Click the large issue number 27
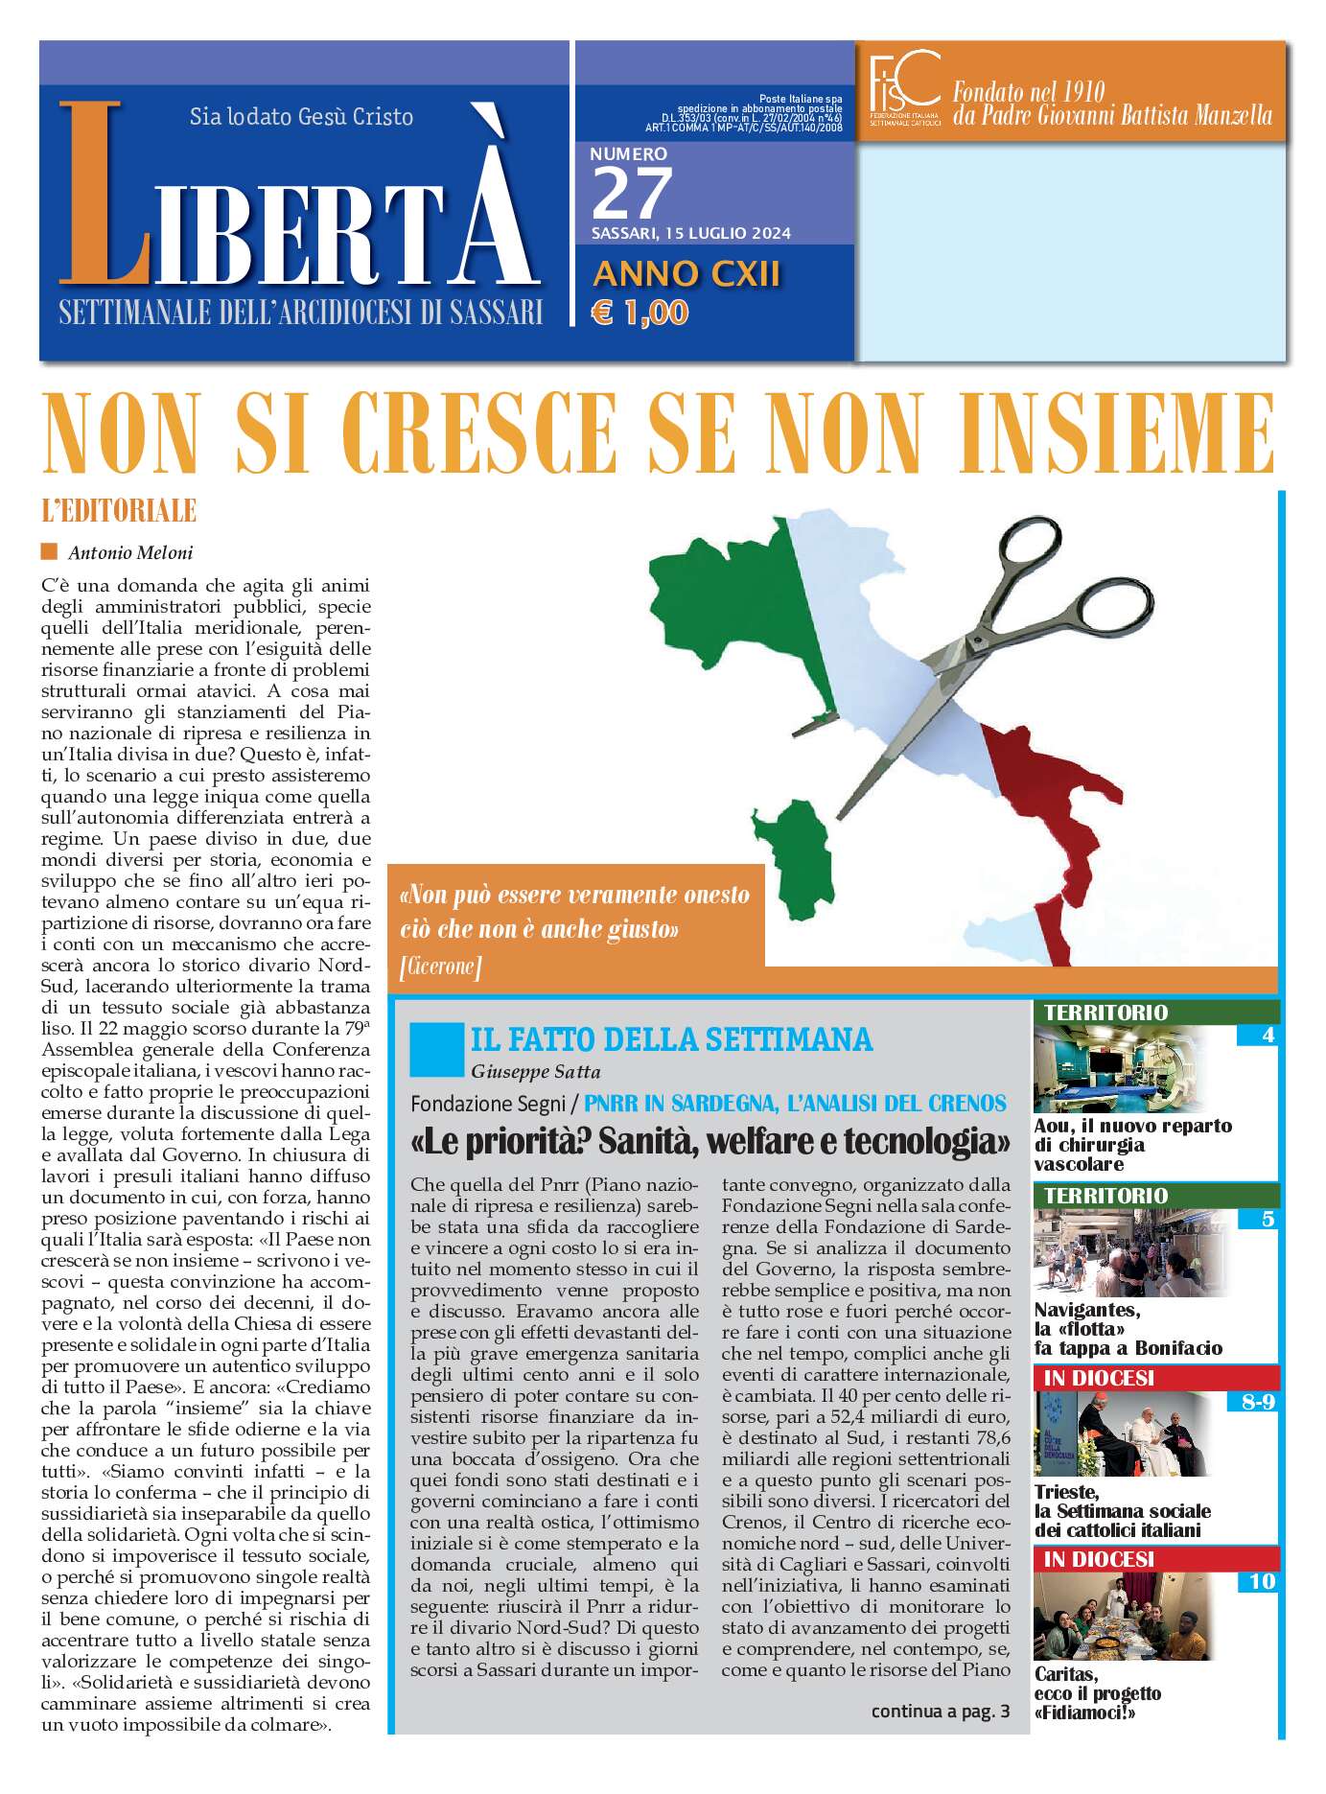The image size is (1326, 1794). (x=632, y=194)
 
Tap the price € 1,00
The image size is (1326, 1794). (x=640, y=313)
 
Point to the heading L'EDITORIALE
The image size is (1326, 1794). (x=119, y=510)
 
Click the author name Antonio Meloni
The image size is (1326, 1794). (x=130, y=552)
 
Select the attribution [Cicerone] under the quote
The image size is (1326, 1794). (x=440, y=966)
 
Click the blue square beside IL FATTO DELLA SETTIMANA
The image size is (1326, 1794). (x=435, y=1049)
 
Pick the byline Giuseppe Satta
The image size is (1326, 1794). (x=535, y=1071)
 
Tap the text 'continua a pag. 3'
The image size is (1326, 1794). (x=940, y=1711)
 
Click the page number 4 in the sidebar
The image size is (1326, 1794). (x=1268, y=1036)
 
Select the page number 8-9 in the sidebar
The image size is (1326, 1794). (x=1257, y=1402)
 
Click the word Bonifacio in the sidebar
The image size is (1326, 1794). (x=1178, y=1348)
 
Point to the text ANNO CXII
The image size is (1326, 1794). (x=686, y=274)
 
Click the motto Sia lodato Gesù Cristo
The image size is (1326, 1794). (x=301, y=117)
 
